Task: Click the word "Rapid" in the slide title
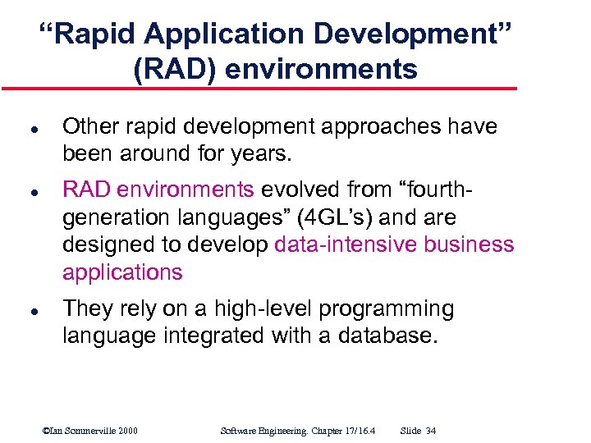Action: coord(90,35)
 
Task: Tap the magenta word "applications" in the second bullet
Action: coord(123,272)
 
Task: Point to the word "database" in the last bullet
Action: coord(392,336)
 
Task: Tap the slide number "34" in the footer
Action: coord(432,431)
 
